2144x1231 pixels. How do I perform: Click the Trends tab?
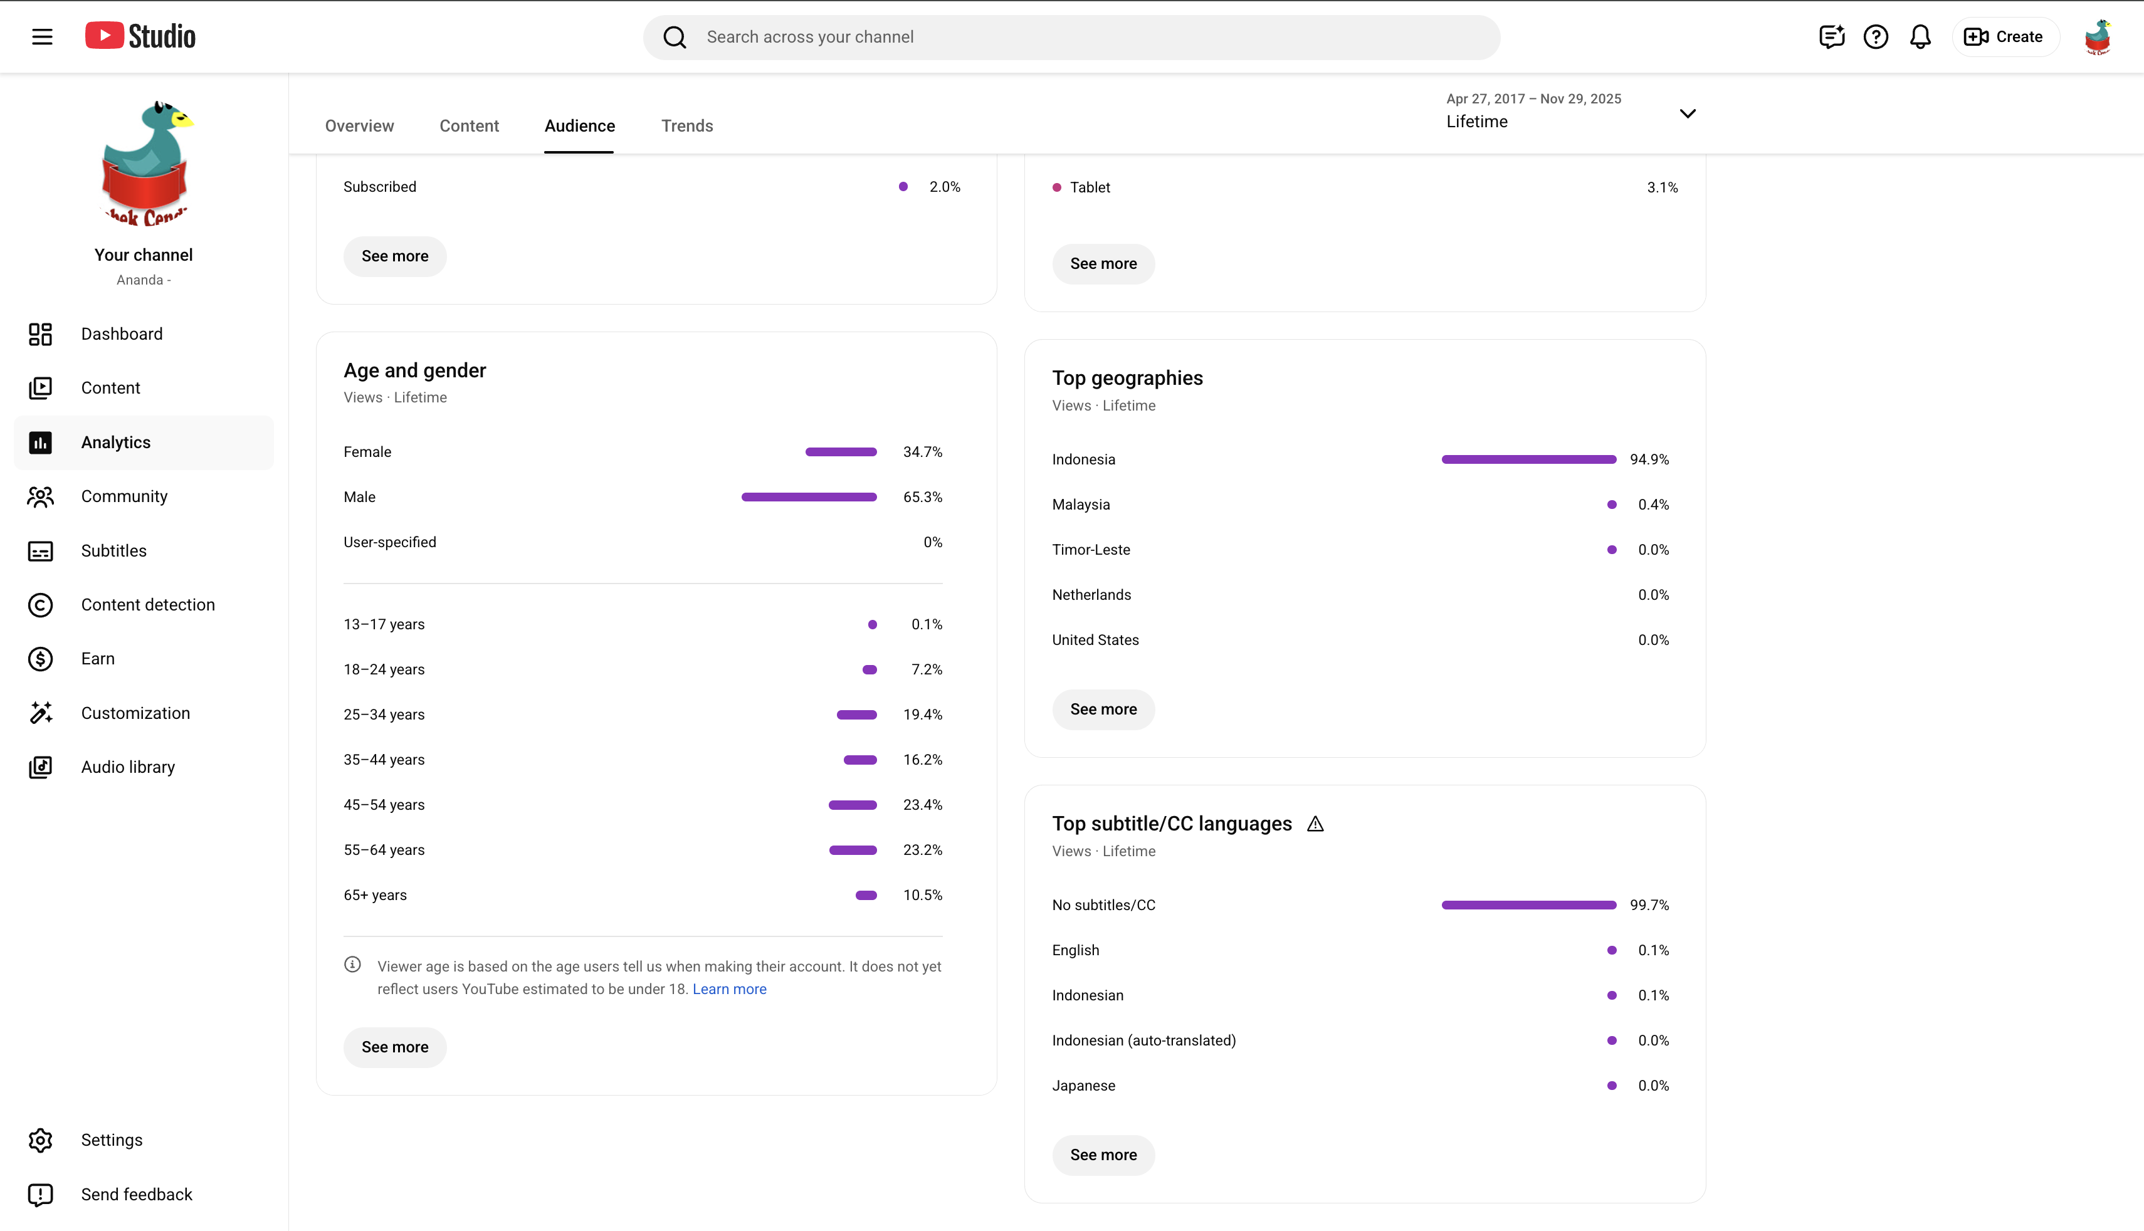(x=686, y=126)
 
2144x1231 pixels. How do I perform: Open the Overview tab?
(x=359, y=126)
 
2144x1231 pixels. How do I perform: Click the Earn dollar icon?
(x=41, y=659)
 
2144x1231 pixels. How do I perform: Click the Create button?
(x=2004, y=37)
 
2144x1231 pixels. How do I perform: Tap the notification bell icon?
(x=1920, y=37)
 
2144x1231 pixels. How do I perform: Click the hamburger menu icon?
(x=42, y=37)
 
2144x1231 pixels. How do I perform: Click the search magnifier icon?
(x=675, y=37)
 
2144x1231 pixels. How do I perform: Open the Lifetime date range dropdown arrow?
(x=1688, y=113)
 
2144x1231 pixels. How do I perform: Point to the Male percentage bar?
(x=809, y=497)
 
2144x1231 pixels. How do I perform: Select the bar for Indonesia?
(x=1528, y=459)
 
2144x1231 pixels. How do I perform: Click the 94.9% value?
(x=1649, y=459)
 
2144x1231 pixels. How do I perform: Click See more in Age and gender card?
(x=395, y=1047)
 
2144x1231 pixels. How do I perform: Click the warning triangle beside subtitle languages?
(x=1315, y=824)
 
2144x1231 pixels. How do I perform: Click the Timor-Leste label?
(x=1091, y=550)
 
